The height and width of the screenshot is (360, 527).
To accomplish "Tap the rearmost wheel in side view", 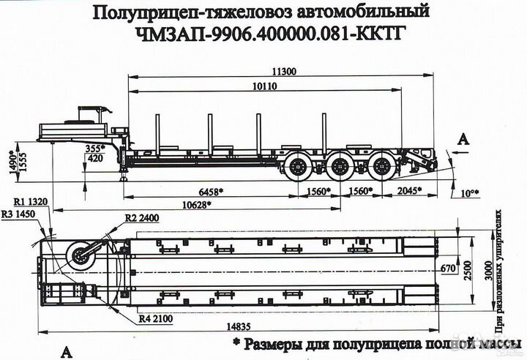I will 380,168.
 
